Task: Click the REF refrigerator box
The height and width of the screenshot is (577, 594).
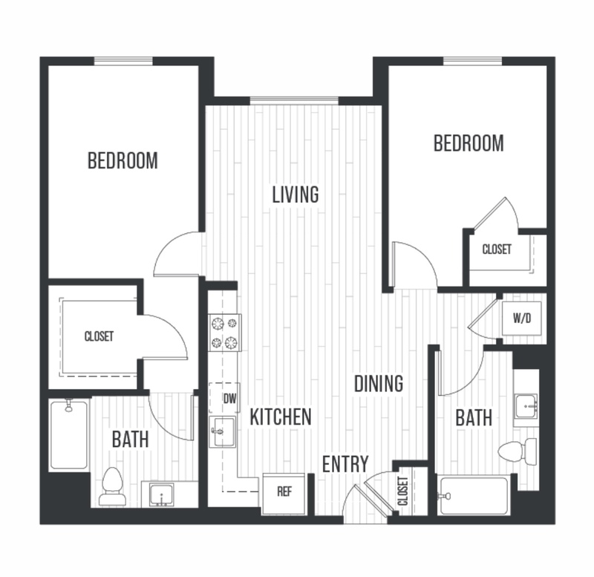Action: (283, 491)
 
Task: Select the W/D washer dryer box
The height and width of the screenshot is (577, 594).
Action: (522, 318)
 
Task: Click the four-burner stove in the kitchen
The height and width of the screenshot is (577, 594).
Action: (226, 332)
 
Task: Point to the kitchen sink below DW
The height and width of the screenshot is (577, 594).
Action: (223, 431)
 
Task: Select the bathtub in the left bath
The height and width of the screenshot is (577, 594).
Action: (69, 434)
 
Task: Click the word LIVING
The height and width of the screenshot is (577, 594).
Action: (295, 195)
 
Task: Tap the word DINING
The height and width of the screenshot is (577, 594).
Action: (378, 384)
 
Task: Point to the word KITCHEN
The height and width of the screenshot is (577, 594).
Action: (280, 417)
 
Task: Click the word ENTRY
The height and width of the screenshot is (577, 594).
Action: (345, 464)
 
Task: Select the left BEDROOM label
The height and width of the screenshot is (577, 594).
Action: (123, 160)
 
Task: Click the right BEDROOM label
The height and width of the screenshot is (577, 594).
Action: (469, 143)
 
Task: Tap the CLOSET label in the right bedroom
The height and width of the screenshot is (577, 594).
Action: (497, 250)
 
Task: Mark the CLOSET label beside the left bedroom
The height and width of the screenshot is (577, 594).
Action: (99, 336)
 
